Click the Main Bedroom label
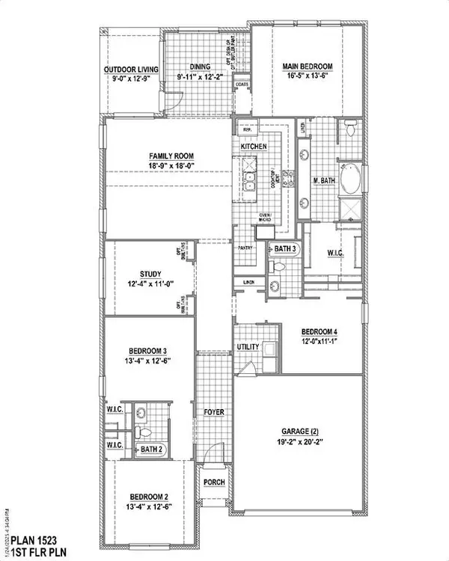(307, 67)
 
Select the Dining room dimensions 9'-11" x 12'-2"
(201, 76)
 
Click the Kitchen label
(254, 147)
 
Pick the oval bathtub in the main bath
(349, 180)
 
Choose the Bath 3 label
(285, 248)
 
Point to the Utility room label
(248, 348)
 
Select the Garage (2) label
(299, 432)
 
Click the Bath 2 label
(151, 449)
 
